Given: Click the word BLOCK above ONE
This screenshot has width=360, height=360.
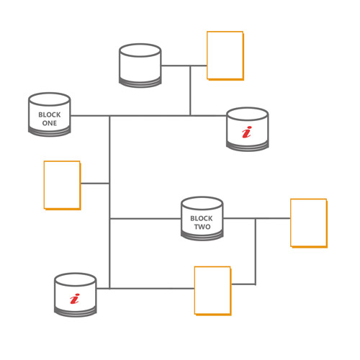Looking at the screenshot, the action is pos(50,114).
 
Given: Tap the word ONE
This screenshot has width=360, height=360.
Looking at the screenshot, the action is pos(50,123).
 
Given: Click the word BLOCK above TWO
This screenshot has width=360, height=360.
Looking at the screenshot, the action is pos(202,218).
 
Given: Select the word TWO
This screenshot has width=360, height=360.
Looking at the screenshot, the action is pos(202,227).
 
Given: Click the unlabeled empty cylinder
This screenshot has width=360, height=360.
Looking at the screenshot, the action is pos(140,66).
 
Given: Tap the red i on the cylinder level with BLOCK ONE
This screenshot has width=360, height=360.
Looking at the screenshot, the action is pos(247,132).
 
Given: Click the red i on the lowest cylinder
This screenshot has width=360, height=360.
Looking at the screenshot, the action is pos(74,299).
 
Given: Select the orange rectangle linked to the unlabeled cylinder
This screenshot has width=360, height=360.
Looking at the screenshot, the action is pos(225,55).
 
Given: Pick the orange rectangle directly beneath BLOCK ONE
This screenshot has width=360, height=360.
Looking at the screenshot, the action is pos(62,185).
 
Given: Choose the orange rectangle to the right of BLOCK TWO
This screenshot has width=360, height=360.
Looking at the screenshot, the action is pos(309,223).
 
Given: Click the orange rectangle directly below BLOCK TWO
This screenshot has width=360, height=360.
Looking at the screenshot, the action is pos(212,291).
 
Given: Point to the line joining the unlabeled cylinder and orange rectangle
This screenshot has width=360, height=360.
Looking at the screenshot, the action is pos(184,66).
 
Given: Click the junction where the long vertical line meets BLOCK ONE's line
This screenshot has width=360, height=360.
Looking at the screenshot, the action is pos(109,116).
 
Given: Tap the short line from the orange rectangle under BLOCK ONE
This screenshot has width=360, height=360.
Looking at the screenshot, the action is pos(95,184).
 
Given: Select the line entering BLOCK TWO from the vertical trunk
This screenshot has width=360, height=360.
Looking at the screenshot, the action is pos(145,219).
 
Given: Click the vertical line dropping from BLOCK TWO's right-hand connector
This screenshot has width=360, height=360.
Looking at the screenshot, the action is pos(256,251).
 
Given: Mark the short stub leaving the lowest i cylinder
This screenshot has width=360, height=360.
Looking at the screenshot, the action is pos(103,289).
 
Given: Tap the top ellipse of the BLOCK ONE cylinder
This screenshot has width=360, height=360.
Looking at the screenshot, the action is pos(50,99).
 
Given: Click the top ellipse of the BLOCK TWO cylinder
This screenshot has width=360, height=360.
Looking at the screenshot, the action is pos(202,204).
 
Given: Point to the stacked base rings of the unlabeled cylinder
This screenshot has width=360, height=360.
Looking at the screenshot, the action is pos(140,82).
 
